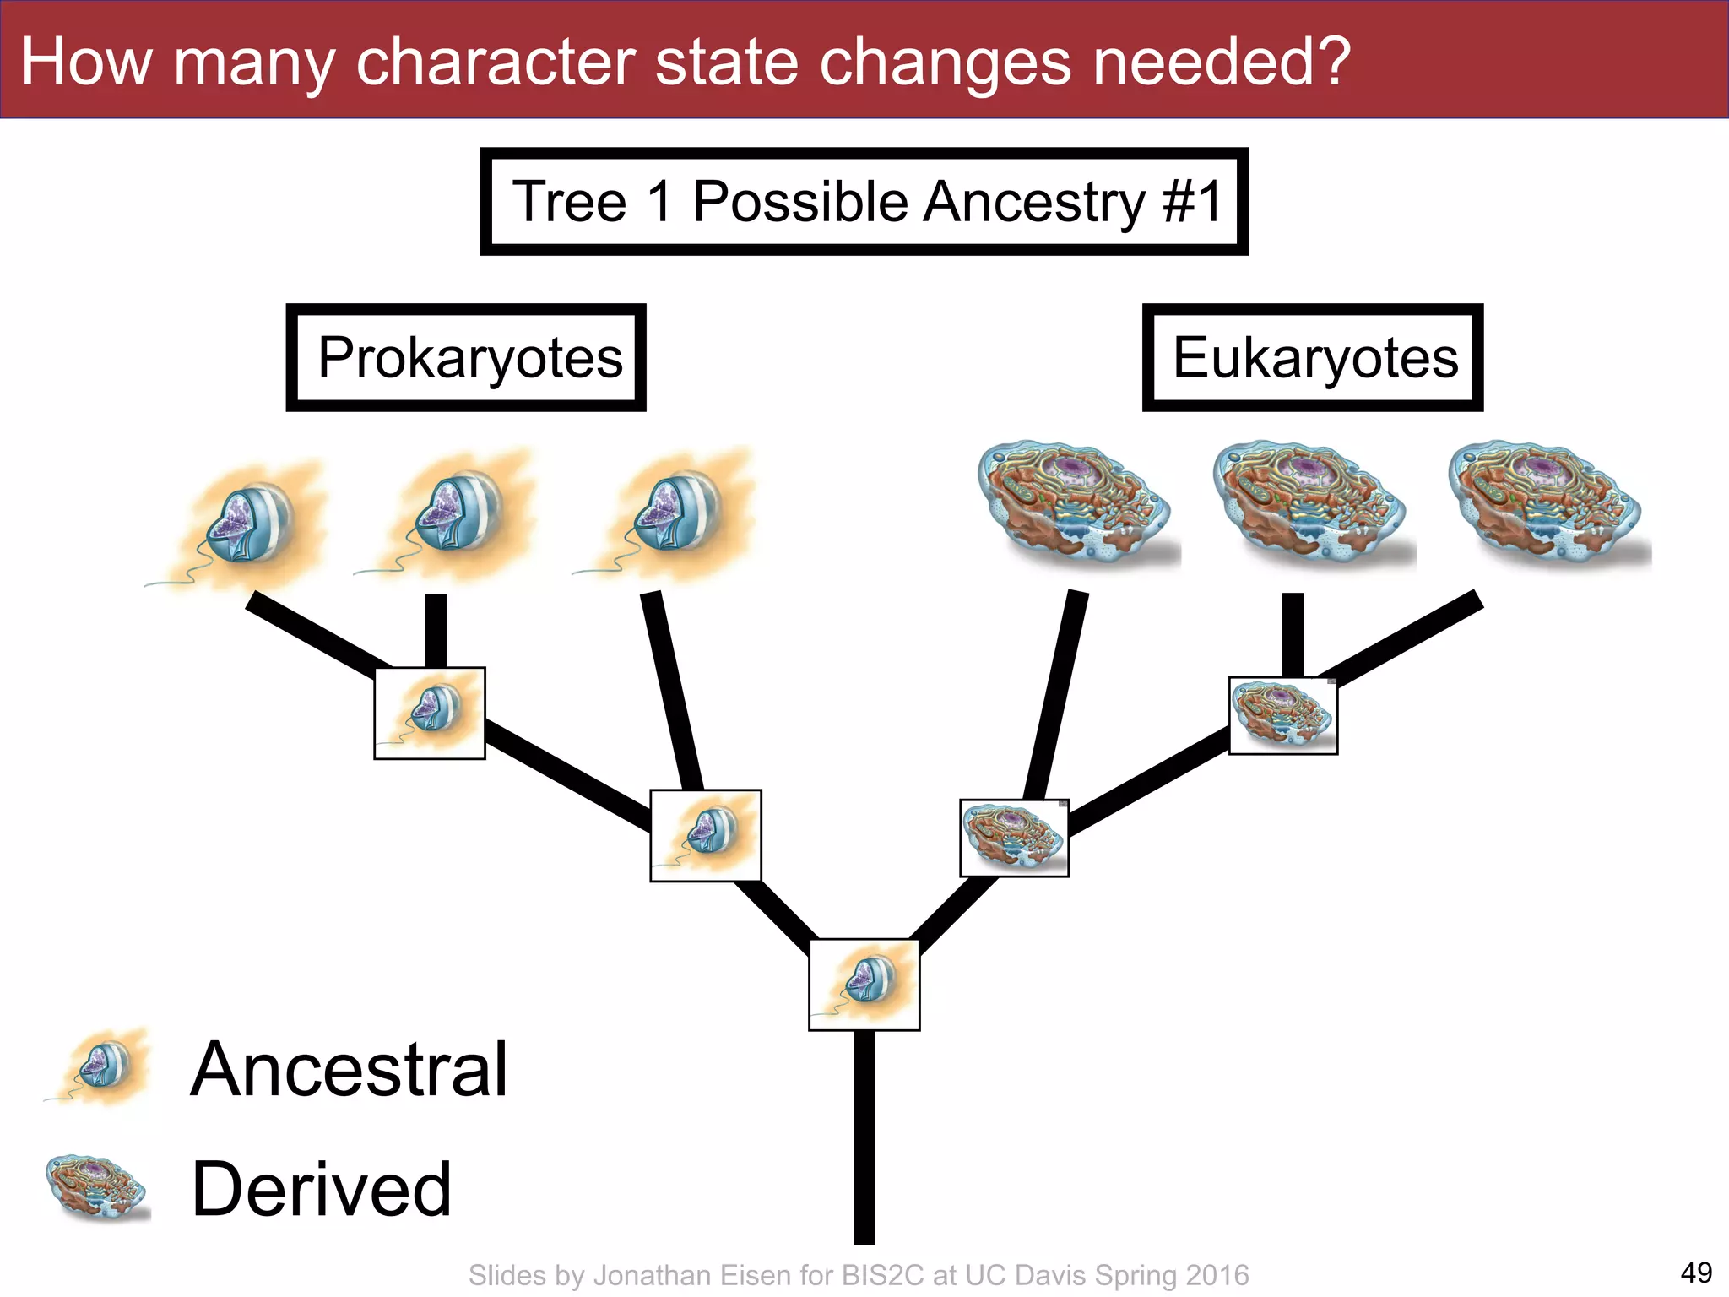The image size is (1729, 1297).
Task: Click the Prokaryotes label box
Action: coord(466,358)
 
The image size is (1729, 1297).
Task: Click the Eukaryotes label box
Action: coord(1313,358)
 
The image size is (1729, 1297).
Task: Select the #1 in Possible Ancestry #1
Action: coord(1192,202)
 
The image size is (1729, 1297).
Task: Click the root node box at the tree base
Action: coord(864,985)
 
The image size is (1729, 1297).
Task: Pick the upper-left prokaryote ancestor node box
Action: coord(430,714)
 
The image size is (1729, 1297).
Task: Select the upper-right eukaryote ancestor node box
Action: coord(1283,715)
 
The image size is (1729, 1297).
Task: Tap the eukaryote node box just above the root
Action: coord(1014,838)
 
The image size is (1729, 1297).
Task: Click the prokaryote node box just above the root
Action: coord(706,836)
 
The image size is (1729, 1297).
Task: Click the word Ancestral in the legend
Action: coord(349,1070)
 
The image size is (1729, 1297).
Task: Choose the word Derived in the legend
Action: coord(322,1190)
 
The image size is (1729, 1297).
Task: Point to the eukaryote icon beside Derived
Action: coord(97,1188)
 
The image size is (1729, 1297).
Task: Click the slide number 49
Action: coord(1695,1273)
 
